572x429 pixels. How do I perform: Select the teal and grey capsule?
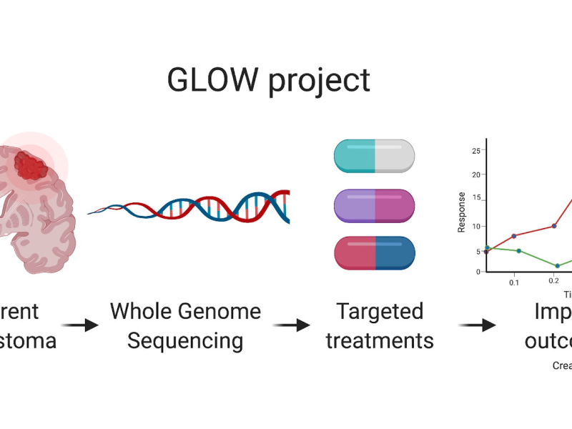tap(375, 156)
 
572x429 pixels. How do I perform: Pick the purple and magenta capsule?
tap(375, 206)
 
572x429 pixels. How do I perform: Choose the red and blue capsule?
tap(375, 253)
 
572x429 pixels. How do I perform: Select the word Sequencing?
tap(185, 340)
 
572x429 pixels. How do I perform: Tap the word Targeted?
tap(380, 312)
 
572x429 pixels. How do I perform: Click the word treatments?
tap(380, 340)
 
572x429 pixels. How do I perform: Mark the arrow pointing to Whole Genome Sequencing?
tap(79, 325)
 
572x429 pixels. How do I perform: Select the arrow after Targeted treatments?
tap(477, 325)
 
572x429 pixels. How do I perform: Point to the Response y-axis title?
tap(462, 212)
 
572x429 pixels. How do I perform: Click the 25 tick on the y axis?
tap(476, 150)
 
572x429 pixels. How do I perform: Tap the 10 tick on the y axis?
tap(476, 226)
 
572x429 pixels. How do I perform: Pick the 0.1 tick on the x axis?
tap(513, 282)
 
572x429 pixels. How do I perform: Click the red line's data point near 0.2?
tap(554, 226)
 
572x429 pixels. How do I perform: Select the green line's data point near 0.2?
tap(557, 266)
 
